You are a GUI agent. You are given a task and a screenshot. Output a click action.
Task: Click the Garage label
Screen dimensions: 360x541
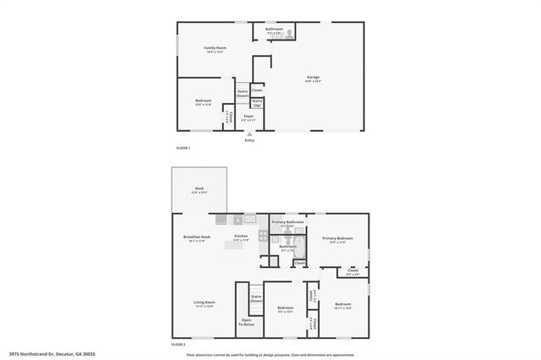(x=313, y=78)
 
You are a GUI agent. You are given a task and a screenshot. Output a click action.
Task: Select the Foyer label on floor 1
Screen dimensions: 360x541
(x=249, y=117)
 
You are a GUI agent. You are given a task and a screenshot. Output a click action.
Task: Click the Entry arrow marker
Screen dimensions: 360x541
(x=249, y=134)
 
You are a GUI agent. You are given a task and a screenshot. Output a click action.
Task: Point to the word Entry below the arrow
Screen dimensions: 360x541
(x=249, y=139)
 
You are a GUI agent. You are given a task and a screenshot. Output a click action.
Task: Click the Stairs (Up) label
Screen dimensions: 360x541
(x=257, y=103)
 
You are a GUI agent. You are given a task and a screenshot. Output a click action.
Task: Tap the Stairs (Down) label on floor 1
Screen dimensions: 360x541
(x=243, y=94)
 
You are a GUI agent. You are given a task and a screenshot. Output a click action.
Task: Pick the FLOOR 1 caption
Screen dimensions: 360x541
(x=183, y=149)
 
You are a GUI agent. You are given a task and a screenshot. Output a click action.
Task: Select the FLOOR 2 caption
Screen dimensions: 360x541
(x=178, y=344)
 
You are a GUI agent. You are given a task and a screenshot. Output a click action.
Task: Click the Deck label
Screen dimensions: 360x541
(x=199, y=189)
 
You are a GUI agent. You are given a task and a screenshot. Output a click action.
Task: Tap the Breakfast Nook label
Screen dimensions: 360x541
(x=197, y=238)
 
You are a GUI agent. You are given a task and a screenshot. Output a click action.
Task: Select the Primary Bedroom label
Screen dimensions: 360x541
(x=338, y=240)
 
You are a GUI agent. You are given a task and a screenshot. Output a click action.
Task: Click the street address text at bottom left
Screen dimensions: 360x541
(x=52, y=353)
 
